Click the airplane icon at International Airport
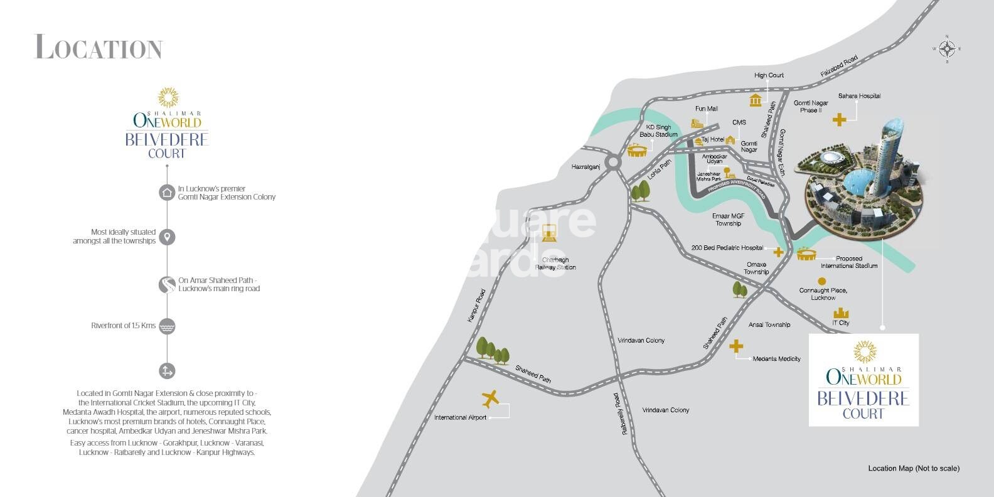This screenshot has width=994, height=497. [490, 398]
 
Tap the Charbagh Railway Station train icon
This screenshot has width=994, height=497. [550, 233]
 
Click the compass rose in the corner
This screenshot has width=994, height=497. [947, 48]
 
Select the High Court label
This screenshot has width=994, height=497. [769, 75]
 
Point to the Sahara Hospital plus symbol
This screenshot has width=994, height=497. [839, 119]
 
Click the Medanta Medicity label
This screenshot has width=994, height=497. [776, 359]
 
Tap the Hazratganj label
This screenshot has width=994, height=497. [586, 167]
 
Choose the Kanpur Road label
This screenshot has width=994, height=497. [477, 306]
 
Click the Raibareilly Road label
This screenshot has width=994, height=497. [620, 414]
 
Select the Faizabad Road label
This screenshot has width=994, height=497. [839, 67]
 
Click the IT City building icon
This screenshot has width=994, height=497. [840, 313]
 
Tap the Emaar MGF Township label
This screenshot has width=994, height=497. [728, 220]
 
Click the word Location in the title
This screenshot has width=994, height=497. [99, 48]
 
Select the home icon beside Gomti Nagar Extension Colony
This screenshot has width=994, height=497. [167, 193]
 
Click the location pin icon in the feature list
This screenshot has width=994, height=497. [167, 237]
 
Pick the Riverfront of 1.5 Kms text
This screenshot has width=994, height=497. [123, 326]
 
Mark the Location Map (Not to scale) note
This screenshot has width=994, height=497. [913, 468]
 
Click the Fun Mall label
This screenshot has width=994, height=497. [707, 109]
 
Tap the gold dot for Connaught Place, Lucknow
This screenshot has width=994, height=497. [821, 281]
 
